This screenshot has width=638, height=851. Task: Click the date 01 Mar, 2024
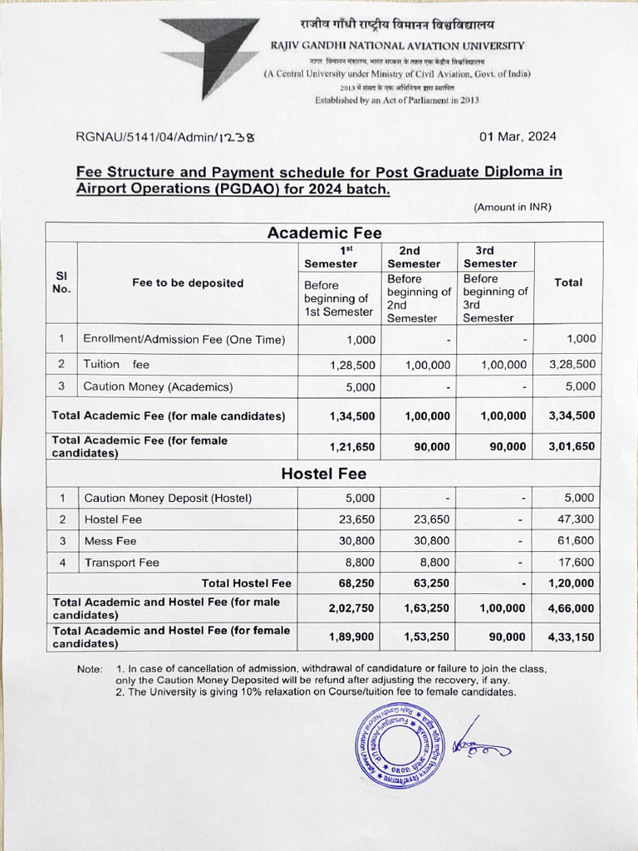518,137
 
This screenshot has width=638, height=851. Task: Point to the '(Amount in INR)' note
513,207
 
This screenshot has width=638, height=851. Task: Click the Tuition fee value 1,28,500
353,365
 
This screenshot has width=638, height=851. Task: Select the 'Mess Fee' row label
110,541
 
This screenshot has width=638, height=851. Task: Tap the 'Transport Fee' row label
121,563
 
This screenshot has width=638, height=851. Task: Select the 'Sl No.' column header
61,283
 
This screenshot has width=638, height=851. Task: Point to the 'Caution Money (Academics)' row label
158,386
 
